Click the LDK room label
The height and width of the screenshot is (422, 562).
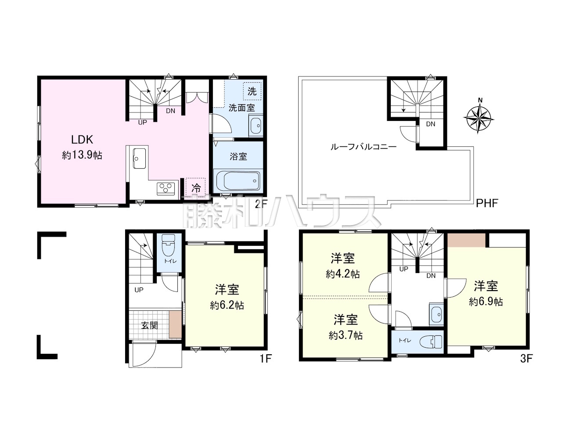tap(82, 140)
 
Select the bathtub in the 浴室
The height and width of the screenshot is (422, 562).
tap(238, 181)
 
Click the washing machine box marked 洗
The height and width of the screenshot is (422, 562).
tap(252, 91)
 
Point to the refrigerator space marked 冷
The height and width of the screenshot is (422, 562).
tap(196, 188)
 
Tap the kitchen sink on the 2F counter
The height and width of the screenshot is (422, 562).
tap(139, 158)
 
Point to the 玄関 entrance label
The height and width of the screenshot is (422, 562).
tap(150, 325)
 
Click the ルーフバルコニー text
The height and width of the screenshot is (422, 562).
tap(363, 147)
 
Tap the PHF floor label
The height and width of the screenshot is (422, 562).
tap(487, 204)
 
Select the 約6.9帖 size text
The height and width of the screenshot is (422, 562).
tap(486, 302)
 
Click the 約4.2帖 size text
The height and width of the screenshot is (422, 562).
tap(342, 274)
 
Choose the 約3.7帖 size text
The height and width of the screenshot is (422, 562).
tap(346, 335)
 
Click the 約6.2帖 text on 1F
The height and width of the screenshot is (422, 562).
tap(227, 305)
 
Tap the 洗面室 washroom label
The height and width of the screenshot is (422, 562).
tap(241, 108)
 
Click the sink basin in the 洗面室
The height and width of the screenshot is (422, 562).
tap(256, 126)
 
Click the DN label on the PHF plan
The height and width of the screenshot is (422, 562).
tap(431, 124)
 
